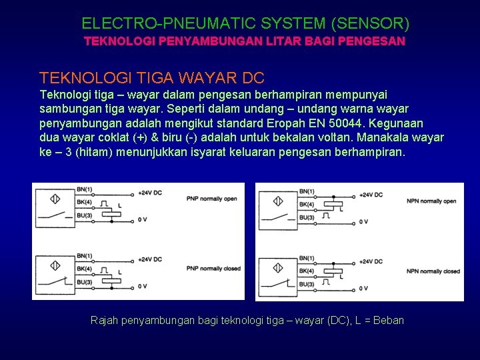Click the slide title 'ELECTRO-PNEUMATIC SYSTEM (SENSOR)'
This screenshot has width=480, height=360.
click(245, 24)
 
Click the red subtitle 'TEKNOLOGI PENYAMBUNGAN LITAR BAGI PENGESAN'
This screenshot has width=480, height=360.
click(244, 41)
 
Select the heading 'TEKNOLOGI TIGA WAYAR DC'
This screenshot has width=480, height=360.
click(152, 78)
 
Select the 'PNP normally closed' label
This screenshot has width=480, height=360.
click(213, 268)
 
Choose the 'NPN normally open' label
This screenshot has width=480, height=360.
click(431, 201)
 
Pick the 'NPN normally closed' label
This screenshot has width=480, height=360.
click(433, 271)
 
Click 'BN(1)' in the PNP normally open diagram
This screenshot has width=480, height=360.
click(85, 191)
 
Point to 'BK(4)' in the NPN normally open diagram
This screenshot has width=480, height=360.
click(307, 204)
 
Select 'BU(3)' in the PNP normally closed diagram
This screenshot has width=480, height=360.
click(85, 281)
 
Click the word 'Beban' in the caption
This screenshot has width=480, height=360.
click(389, 321)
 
